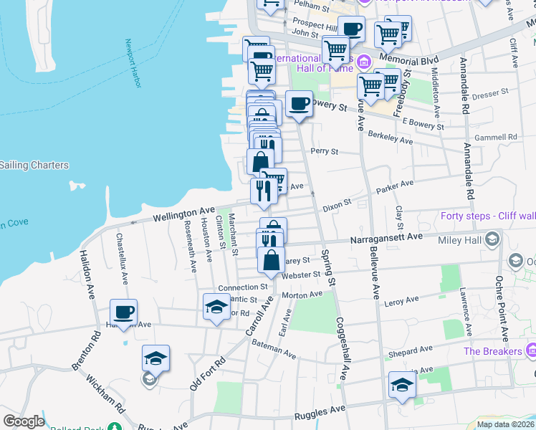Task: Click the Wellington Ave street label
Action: pos(183,214)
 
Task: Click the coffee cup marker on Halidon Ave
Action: pos(123,312)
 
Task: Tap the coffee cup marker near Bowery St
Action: pos(299,104)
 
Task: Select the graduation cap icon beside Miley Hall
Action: pos(492,239)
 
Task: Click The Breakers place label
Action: pos(492,351)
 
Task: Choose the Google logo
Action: pos(24,421)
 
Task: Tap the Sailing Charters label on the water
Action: pos(34,166)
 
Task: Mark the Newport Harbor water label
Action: pos(132,64)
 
